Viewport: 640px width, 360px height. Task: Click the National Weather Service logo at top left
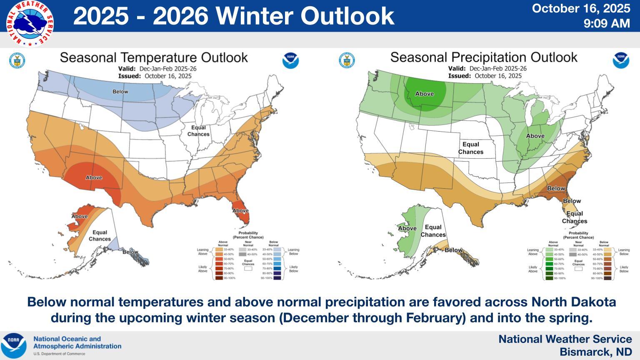[x=30, y=23]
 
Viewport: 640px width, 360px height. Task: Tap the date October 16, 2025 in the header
[x=581, y=8]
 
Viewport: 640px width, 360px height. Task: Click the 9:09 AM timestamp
[x=607, y=23]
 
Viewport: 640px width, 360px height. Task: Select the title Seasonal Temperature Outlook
[x=154, y=57]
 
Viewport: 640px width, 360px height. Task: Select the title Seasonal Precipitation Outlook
[x=484, y=57]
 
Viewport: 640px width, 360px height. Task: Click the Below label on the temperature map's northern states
[x=120, y=91]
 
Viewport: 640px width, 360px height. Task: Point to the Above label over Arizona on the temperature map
[x=94, y=177]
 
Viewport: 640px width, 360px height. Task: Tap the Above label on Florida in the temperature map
[x=240, y=210]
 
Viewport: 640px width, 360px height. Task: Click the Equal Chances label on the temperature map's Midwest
[x=198, y=131]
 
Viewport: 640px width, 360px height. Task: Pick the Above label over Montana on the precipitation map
[x=425, y=94]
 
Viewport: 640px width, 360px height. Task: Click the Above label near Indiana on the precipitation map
[x=535, y=136]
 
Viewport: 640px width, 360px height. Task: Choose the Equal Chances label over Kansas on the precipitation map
[x=471, y=148]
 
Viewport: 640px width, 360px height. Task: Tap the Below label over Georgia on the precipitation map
[x=556, y=188]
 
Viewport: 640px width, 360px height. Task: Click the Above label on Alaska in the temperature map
[x=79, y=216]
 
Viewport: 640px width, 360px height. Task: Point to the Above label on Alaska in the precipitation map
[x=407, y=228]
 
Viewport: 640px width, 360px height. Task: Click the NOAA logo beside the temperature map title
[x=290, y=60]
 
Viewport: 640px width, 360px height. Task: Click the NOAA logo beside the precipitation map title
[x=621, y=60]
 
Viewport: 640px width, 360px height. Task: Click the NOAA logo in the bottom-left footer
[x=13, y=345]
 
